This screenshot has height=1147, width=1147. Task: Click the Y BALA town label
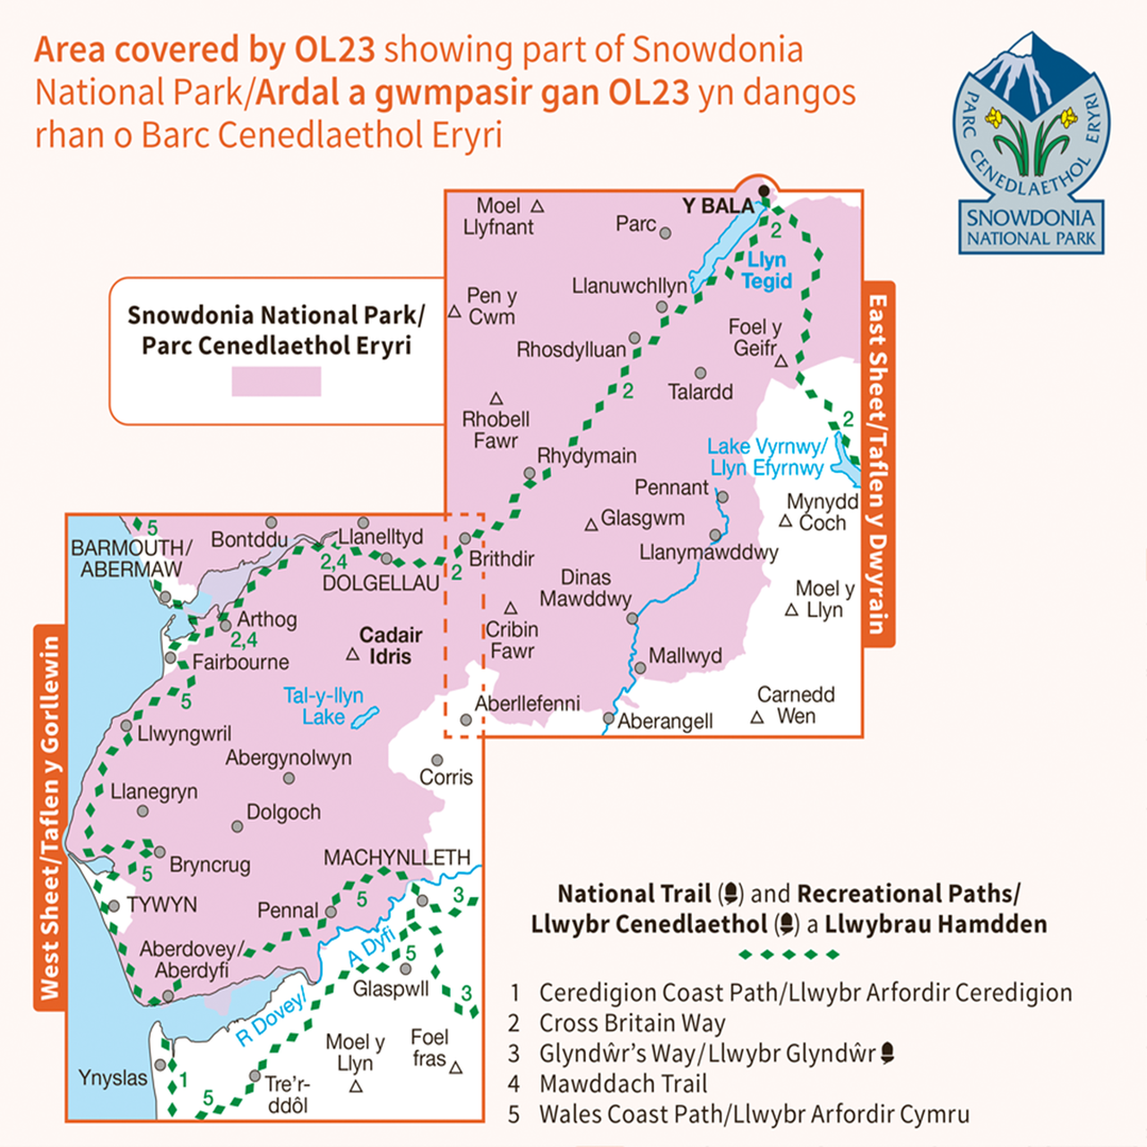[718, 206]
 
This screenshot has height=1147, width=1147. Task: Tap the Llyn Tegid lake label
[766, 271]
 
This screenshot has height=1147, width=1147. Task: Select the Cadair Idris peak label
[390, 645]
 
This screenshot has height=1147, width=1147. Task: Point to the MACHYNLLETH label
[397, 858]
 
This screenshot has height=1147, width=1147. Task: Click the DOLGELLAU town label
[381, 583]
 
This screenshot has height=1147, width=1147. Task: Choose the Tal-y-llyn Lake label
[323, 706]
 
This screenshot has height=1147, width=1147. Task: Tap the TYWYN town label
[161, 905]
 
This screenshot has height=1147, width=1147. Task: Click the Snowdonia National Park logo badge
[1031, 143]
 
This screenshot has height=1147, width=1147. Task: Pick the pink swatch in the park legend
[276, 381]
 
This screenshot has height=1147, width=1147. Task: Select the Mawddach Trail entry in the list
[623, 1084]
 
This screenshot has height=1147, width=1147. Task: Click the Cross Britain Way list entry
[632, 1023]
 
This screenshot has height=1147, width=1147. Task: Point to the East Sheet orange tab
[878, 464]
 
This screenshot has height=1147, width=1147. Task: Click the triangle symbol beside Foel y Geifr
[780, 361]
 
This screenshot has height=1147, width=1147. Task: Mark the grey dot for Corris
[437, 760]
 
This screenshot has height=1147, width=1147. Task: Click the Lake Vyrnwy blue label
[766, 457]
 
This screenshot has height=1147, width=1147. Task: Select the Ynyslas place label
[113, 1078]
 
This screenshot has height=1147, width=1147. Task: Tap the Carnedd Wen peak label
[796, 705]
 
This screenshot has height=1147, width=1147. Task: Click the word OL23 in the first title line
[334, 50]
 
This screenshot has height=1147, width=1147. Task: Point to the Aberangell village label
[666, 721]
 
